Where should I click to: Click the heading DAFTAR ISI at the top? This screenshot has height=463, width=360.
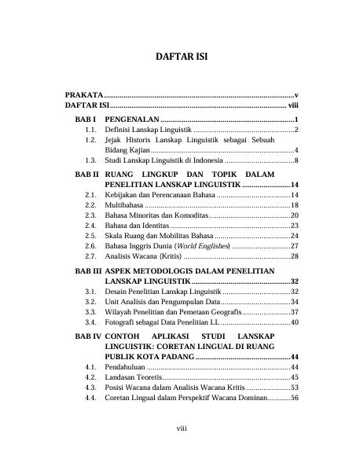(x=179, y=58)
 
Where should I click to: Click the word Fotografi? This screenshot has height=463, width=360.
(x=123, y=322)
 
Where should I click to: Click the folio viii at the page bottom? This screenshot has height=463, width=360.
(x=180, y=428)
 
